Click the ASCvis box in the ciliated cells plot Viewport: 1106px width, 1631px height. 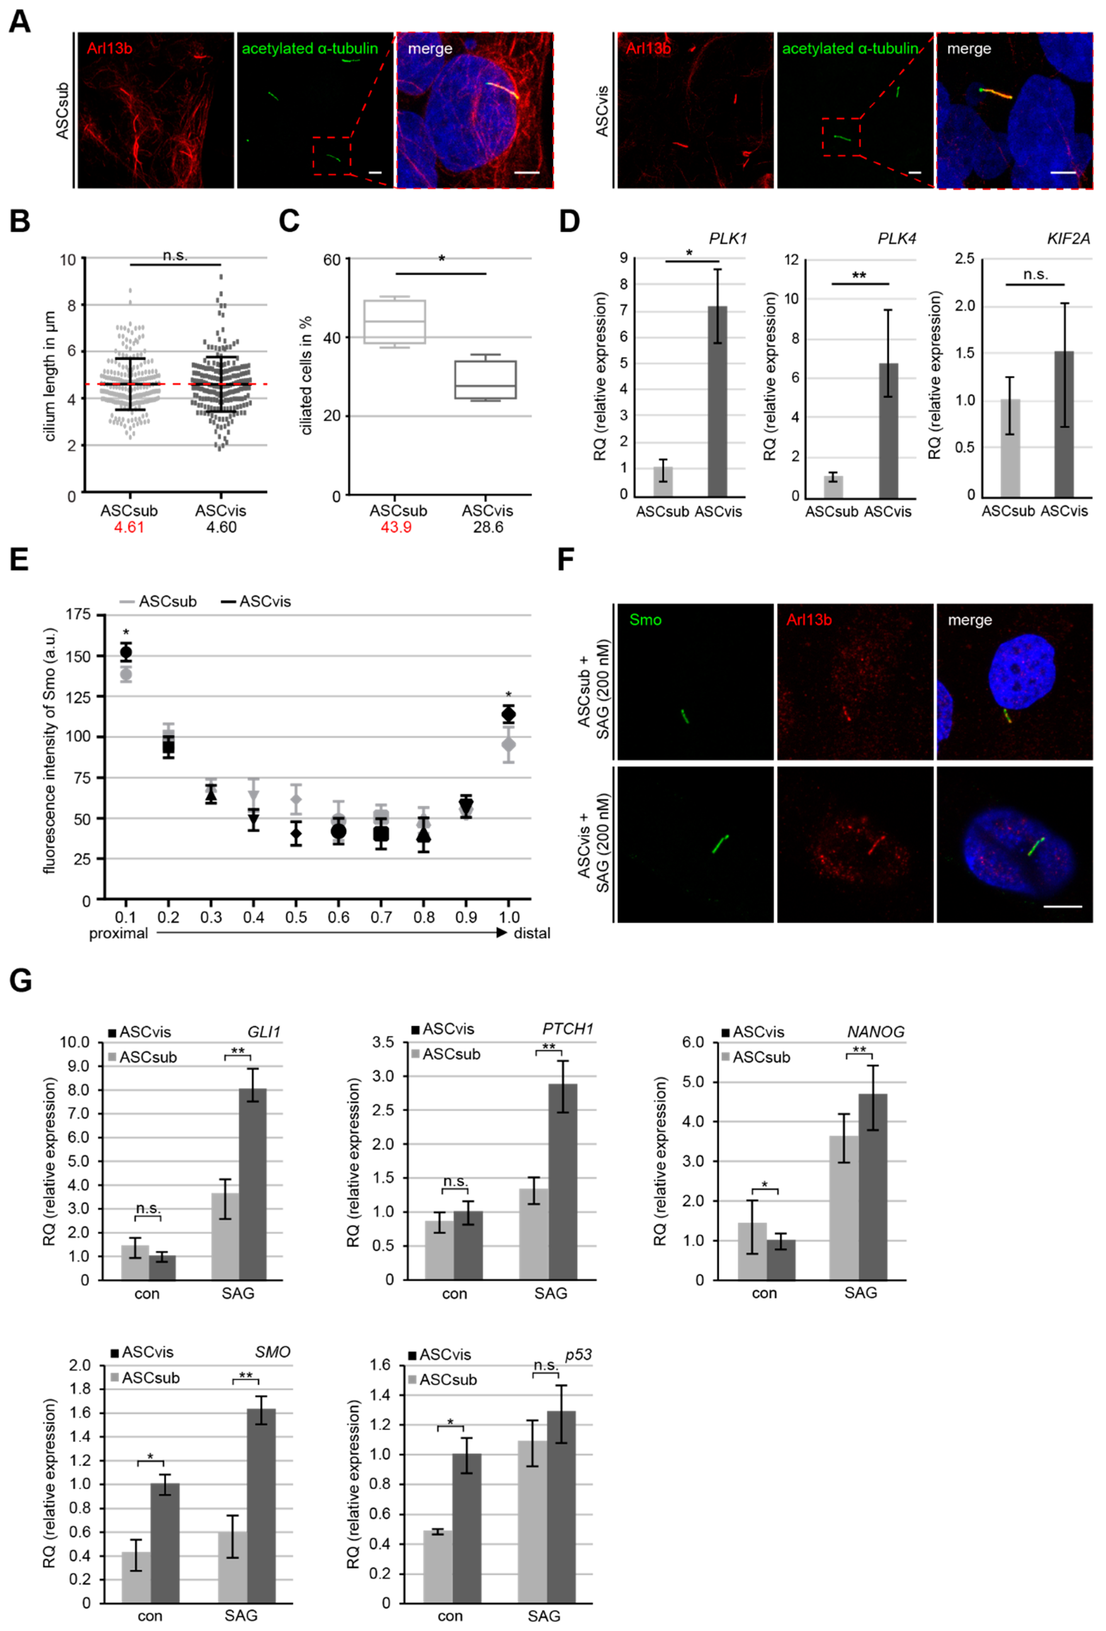click(x=485, y=380)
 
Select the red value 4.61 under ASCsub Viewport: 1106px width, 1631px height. click(x=129, y=527)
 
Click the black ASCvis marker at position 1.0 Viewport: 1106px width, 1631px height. click(x=508, y=715)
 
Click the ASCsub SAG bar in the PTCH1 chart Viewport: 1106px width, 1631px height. click(x=534, y=1234)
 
